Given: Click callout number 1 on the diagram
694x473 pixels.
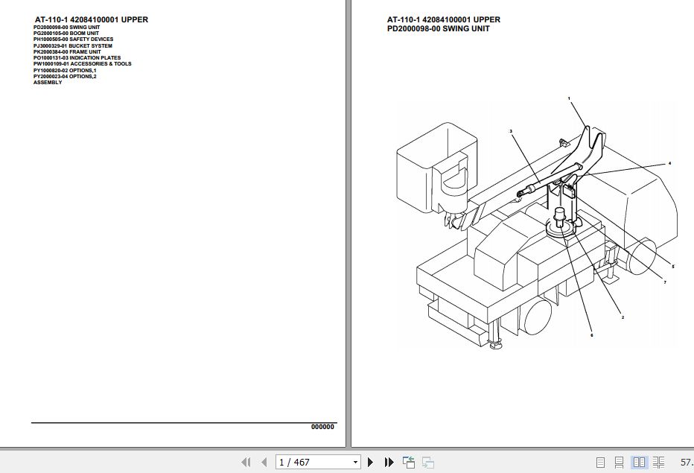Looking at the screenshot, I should pos(568,98).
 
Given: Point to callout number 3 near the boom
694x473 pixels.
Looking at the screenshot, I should pos(511,131).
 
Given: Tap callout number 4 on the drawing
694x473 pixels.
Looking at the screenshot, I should pos(669,162).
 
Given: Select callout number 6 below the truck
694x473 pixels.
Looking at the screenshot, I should pos(591,335).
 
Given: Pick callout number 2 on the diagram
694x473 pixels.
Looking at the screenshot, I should pos(623,317).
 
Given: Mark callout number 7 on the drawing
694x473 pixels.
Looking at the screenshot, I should pos(664,282).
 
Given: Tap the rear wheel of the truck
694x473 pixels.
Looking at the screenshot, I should pos(535,320).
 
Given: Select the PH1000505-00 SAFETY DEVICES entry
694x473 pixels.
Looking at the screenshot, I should pos(73,39).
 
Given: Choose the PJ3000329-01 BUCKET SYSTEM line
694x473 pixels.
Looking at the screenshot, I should pos(73,45).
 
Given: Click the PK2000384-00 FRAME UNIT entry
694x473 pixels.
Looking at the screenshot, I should pos(67,51).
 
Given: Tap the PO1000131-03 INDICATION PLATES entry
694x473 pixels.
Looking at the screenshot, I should pos(77,58).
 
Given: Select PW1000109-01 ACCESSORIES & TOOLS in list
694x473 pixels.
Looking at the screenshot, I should pos(82,64).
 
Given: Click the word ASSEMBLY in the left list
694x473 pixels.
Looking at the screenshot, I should pos(48,83).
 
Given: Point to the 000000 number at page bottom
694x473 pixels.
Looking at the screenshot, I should pos(322,427).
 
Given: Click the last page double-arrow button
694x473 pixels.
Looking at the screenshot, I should pos(389,463).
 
